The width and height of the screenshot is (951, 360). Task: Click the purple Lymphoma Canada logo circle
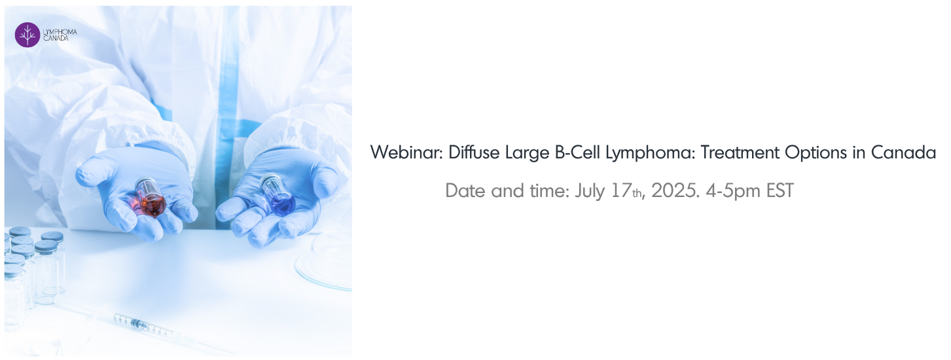(27, 35)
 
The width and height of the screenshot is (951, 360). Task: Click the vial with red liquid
(151, 198)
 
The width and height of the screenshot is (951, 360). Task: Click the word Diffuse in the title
(474, 152)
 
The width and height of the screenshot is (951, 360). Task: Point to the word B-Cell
(577, 152)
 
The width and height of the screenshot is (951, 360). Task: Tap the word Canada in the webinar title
(903, 152)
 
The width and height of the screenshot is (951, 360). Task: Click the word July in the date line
(590, 191)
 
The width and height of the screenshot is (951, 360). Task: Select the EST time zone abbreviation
(780, 190)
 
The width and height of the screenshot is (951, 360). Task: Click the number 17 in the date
(620, 190)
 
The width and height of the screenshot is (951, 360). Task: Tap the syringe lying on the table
(145, 325)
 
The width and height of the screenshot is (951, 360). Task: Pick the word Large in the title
(528, 153)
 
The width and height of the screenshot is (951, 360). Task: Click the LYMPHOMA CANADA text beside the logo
(60, 35)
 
